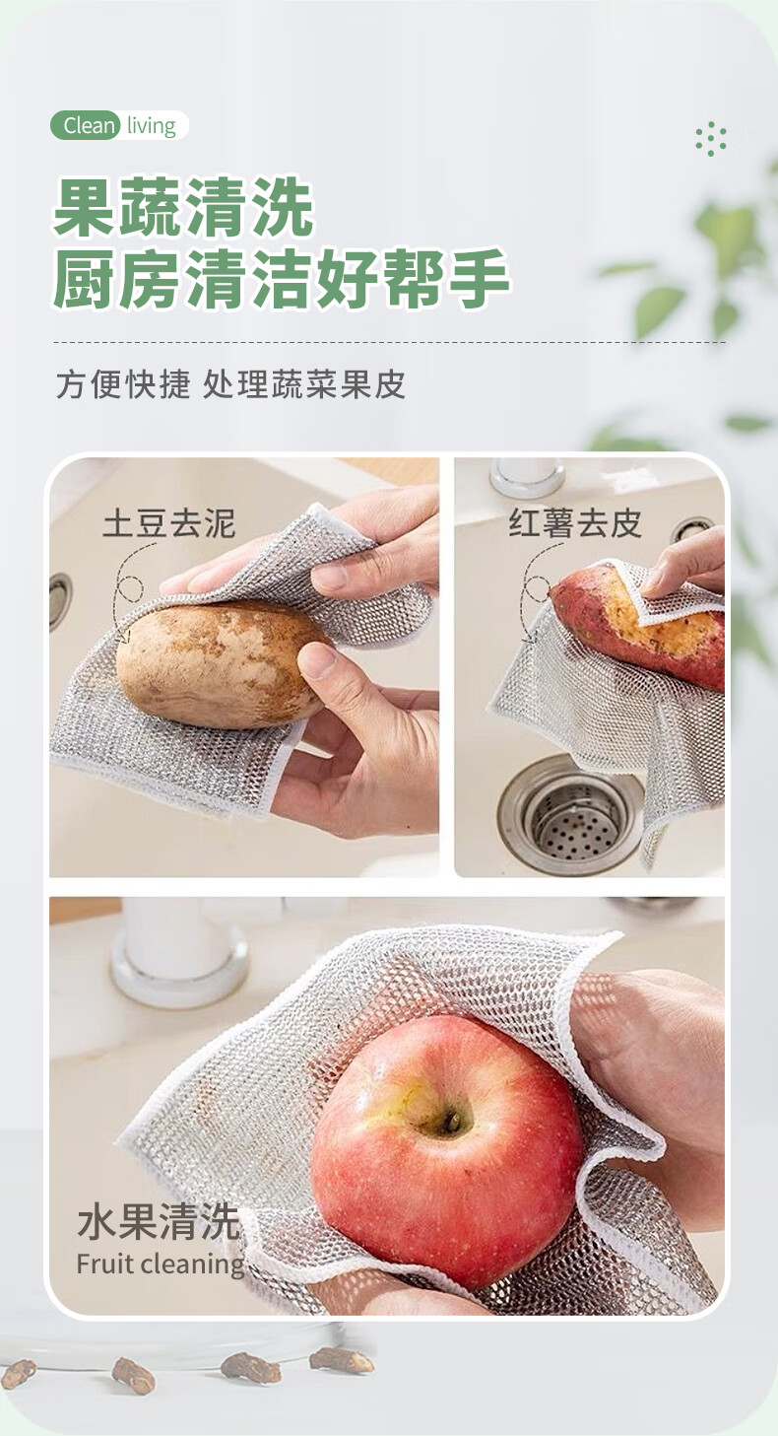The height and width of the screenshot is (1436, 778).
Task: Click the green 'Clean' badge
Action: [x=85, y=125]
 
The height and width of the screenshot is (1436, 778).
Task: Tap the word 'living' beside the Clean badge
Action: [x=151, y=125]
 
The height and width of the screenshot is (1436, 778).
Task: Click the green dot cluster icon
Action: [x=711, y=138]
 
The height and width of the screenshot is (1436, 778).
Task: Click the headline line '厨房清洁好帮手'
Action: [x=281, y=278]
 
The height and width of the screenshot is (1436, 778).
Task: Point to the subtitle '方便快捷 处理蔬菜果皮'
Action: [x=231, y=384]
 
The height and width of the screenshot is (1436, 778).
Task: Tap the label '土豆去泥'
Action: [x=169, y=523]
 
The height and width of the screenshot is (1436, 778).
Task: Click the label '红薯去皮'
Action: [x=576, y=522]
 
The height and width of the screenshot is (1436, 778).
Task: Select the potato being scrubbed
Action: [x=221, y=664]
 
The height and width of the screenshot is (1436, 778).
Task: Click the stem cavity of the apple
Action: [x=450, y=1122]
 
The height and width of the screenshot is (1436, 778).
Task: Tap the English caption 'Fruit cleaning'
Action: [x=161, y=1265]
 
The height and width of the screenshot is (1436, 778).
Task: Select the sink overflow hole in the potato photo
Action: [x=60, y=600]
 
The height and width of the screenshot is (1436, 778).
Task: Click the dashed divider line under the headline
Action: [x=389, y=343]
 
